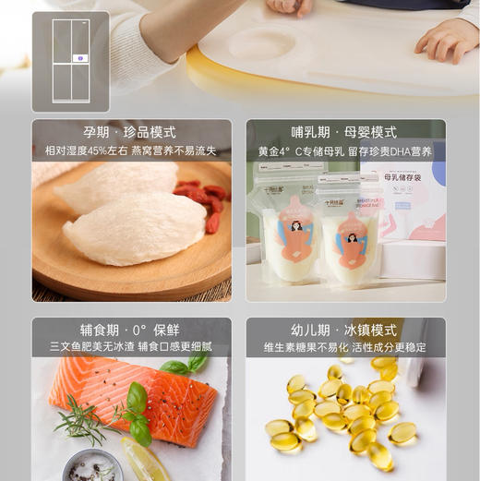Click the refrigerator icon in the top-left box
tap(70, 61)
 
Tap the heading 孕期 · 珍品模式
tap(130, 132)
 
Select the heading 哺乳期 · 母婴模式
tap(345, 132)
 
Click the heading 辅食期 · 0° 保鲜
tap(130, 330)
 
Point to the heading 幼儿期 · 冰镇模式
tap(345, 330)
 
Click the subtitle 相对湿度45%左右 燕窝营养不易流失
tap(131, 150)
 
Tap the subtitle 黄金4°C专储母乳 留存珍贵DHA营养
tap(345, 150)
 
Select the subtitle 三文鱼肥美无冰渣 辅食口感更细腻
tap(131, 347)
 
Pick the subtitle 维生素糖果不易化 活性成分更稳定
tap(345, 347)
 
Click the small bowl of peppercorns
tap(92, 465)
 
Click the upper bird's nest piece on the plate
tap(115, 186)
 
